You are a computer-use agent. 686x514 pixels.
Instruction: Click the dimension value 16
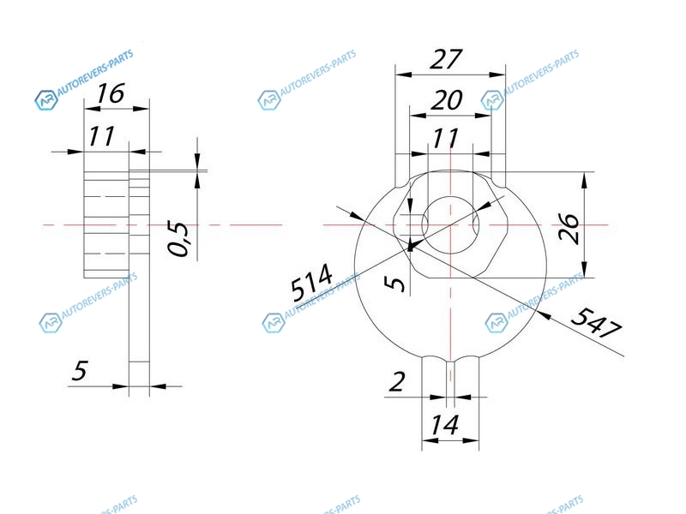111,93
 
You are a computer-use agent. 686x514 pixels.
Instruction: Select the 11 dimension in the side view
101,136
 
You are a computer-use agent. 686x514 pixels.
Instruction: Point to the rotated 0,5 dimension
178,238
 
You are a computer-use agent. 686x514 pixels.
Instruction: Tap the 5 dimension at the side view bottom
80,370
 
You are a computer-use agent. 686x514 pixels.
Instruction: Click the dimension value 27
446,59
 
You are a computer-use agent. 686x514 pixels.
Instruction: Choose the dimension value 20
446,100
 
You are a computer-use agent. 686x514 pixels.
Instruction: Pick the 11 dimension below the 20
445,138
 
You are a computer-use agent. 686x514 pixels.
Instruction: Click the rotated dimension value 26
569,228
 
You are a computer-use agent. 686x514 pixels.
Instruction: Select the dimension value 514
311,283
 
